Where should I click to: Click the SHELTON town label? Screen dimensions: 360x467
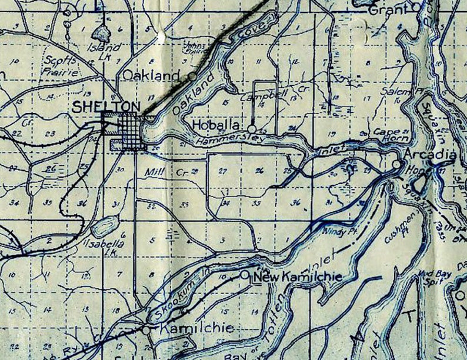(x=106, y=106)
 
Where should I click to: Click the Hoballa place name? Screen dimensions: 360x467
(x=217, y=125)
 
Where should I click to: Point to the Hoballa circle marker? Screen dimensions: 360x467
(x=252, y=128)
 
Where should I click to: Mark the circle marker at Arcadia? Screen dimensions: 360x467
(x=398, y=165)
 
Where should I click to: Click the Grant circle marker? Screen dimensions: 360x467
(x=418, y=7)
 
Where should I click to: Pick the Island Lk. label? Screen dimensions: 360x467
(x=104, y=48)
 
